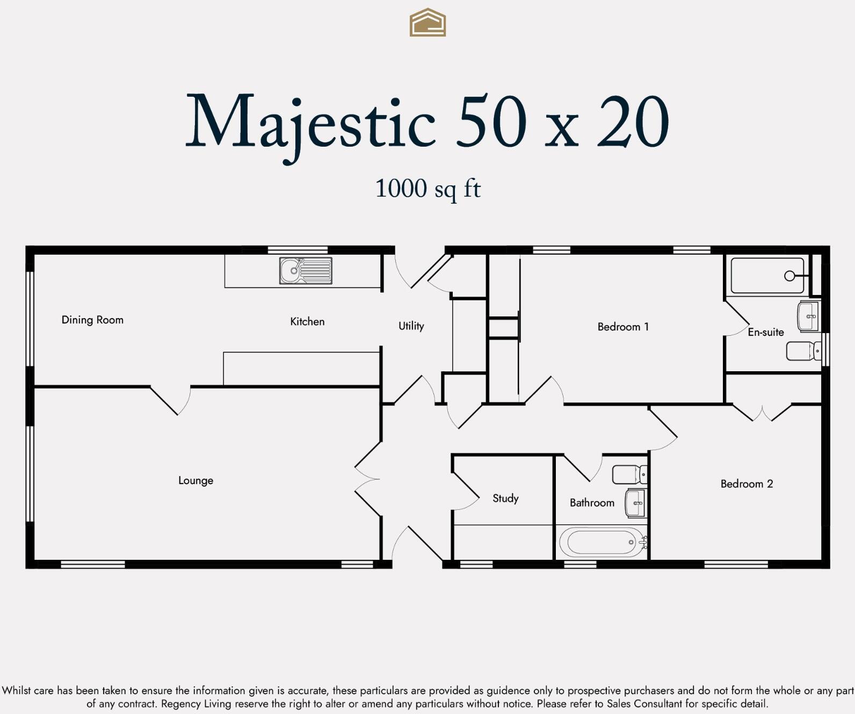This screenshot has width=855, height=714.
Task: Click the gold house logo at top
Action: point(427,23)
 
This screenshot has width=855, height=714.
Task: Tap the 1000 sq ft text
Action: point(427,189)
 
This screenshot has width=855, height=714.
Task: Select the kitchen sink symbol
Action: point(306,271)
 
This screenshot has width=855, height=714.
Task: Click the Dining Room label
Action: point(92,320)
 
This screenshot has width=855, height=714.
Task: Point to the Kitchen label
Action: point(307,322)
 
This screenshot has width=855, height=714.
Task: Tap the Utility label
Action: point(411,326)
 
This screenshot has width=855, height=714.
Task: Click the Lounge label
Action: point(195,481)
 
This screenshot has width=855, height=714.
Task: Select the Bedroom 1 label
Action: point(623,327)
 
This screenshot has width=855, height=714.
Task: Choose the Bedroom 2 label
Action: point(747,484)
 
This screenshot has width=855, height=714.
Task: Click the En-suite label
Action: point(765,333)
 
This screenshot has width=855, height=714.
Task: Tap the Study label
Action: point(505,499)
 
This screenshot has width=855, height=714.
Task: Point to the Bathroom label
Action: point(592,503)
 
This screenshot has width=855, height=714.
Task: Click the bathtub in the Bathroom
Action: point(602,542)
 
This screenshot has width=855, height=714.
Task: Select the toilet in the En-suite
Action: point(803,351)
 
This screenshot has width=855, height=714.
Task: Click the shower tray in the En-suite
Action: point(767,276)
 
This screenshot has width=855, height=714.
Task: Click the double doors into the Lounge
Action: point(368,479)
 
